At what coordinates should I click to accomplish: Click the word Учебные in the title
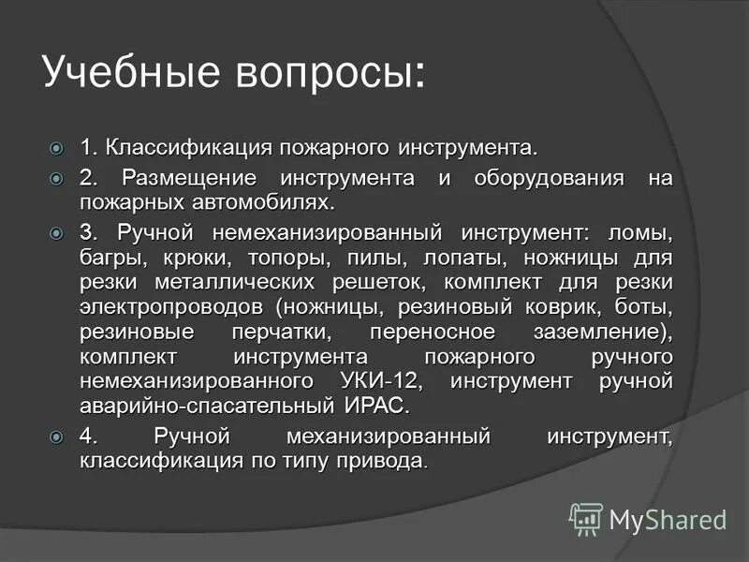click(127, 72)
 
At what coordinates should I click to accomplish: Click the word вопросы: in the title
click(322, 72)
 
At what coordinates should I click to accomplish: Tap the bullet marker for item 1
click(56, 148)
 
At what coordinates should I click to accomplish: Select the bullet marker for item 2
click(56, 177)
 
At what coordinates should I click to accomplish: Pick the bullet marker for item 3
click(56, 230)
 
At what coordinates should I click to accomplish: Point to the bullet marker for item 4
click(56, 436)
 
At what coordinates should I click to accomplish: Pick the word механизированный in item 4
click(389, 437)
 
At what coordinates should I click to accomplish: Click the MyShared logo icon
click(586, 517)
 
